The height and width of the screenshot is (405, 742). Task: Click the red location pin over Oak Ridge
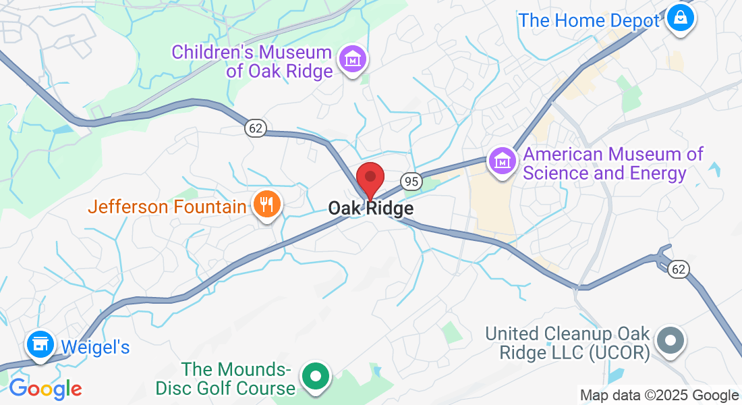pyautogui.click(x=370, y=178)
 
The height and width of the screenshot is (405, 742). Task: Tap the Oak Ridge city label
pyautogui.click(x=371, y=209)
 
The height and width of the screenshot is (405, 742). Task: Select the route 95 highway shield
pyautogui.click(x=410, y=181)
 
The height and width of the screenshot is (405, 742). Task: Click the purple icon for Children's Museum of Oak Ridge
pyautogui.click(x=353, y=59)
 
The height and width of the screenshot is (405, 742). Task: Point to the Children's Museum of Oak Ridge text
pyautogui.click(x=252, y=61)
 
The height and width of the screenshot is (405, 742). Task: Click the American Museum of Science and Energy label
pyautogui.click(x=613, y=164)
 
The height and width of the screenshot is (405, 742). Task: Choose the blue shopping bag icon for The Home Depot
pyautogui.click(x=681, y=17)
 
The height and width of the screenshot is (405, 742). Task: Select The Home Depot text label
pyautogui.click(x=588, y=20)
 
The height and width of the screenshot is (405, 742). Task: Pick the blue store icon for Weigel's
pyautogui.click(x=40, y=344)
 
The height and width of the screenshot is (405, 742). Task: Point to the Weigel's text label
pyautogui.click(x=95, y=347)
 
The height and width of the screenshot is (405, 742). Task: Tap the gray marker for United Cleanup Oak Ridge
pyautogui.click(x=670, y=340)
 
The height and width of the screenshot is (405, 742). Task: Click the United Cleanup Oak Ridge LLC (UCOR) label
pyautogui.click(x=567, y=343)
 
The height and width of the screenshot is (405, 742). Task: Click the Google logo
pyautogui.click(x=45, y=389)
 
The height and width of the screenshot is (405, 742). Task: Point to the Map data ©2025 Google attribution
pyautogui.click(x=659, y=396)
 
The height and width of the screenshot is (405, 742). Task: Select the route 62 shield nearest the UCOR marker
pyautogui.click(x=679, y=269)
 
